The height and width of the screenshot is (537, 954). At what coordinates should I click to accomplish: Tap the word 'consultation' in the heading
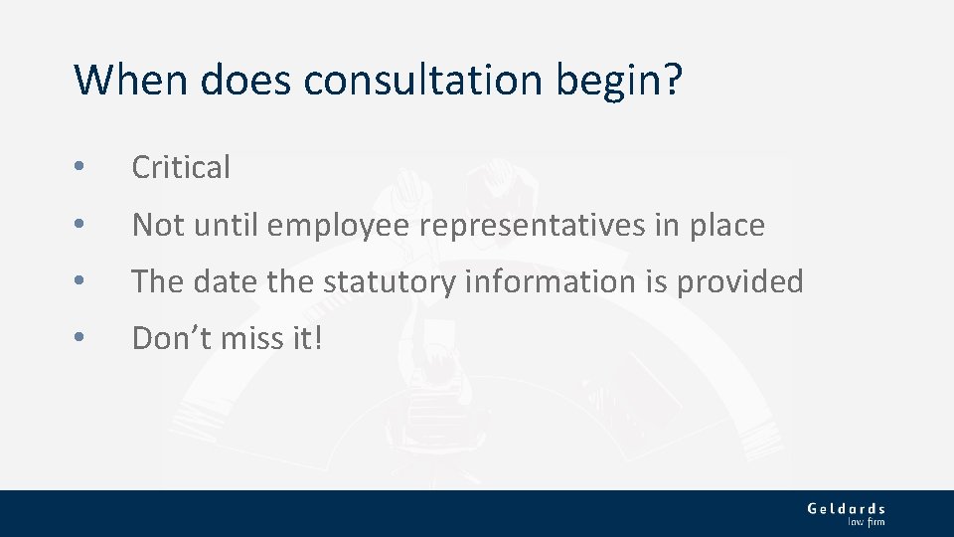[x=424, y=80]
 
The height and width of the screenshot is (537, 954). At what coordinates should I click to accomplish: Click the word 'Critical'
[x=181, y=167]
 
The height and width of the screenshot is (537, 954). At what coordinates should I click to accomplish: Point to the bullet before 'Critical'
[x=79, y=168]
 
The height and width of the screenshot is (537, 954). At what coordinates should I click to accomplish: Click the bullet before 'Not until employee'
[x=79, y=226]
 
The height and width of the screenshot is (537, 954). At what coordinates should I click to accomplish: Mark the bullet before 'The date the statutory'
[x=79, y=282]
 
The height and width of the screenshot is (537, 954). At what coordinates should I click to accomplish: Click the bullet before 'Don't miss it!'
[x=79, y=339]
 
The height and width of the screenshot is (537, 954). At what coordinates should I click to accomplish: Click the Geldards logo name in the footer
[x=846, y=508]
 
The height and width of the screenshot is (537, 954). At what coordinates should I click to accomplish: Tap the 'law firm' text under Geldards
[x=865, y=521]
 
